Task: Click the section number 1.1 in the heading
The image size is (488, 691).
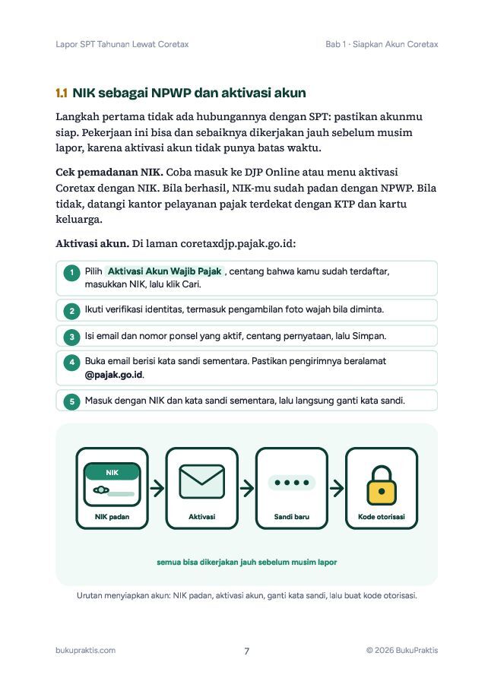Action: [x=62, y=93]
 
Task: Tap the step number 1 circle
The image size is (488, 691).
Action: [x=72, y=273]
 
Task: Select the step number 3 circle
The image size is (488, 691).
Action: [x=72, y=338]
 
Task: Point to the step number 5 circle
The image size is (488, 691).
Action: [x=72, y=401]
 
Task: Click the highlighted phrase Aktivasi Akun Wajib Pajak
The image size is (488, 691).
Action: [x=164, y=271]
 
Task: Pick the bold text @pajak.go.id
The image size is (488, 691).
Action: [x=114, y=375]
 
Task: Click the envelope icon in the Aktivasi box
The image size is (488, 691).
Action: [x=202, y=482]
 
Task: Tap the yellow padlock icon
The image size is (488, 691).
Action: [x=382, y=485]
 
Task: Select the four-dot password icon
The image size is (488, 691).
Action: [x=291, y=483]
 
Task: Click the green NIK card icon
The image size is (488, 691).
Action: [x=112, y=484]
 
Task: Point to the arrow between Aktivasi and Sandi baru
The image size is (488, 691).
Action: [x=247, y=488]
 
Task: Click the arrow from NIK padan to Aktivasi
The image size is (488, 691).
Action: [x=157, y=488]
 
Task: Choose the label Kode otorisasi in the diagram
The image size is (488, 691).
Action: [x=382, y=516]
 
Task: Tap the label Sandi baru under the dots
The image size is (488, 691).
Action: [x=291, y=516]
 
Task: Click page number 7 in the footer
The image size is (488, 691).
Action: [x=247, y=651]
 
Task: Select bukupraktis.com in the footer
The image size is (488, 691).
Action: [x=86, y=650]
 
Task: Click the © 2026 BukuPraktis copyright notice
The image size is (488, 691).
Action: [x=402, y=650]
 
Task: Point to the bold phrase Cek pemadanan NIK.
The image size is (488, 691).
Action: [x=109, y=173]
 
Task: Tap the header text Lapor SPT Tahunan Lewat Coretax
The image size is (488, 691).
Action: [x=122, y=44]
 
